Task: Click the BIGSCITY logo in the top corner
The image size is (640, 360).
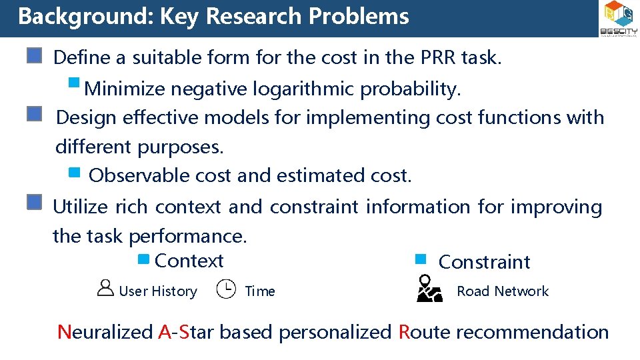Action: pos(619,19)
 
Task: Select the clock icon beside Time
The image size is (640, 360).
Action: pos(226,289)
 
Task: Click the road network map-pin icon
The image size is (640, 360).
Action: pos(429,289)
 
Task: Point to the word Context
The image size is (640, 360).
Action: pos(189,261)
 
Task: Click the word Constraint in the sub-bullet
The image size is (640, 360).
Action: pos(484,262)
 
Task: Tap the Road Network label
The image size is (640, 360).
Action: pos(503,291)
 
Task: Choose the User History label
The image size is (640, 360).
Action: pos(158,291)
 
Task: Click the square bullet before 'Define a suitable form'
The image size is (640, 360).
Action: pos(35,55)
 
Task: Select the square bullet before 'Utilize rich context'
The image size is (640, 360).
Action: pos(35,203)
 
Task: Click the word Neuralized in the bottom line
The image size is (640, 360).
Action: pos(105,332)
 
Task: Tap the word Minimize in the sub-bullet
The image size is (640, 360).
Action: pos(125,88)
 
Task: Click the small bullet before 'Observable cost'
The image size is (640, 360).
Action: pos(75,174)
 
